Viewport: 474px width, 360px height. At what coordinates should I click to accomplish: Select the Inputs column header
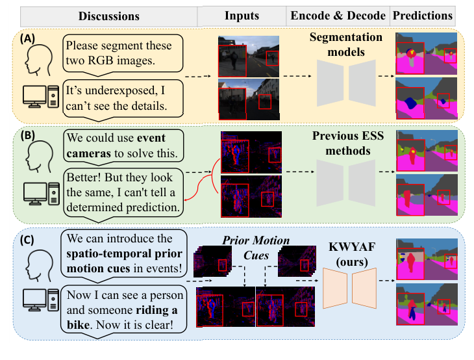[x=242, y=16]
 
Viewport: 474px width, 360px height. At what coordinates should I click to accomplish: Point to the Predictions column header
[x=422, y=16]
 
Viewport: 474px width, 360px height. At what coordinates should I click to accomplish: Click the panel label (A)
[x=29, y=39]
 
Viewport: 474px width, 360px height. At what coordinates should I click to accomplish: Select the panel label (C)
[x=29, y=239]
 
